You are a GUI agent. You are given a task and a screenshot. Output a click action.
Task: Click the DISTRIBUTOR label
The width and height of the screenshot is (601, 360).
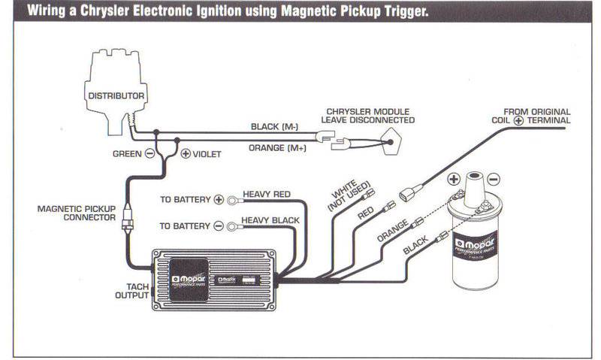click(116, 95)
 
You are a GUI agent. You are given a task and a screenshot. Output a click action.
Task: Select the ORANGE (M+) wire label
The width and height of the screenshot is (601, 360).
click(277, 147)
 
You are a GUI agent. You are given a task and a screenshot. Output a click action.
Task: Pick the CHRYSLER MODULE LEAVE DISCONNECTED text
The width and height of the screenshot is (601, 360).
click(367, 115)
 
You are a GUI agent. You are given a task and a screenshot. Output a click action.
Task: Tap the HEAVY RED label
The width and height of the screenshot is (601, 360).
click(266, 195)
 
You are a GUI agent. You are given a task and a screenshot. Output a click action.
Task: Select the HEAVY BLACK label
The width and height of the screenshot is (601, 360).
click(270, 220)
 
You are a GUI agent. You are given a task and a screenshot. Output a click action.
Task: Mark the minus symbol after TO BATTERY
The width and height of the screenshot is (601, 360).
click(219, 225)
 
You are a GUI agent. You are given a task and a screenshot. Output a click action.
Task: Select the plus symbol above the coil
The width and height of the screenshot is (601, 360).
click(454, 180)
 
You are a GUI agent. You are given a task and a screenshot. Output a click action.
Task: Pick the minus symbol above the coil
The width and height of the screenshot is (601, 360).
click(492, 180)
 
